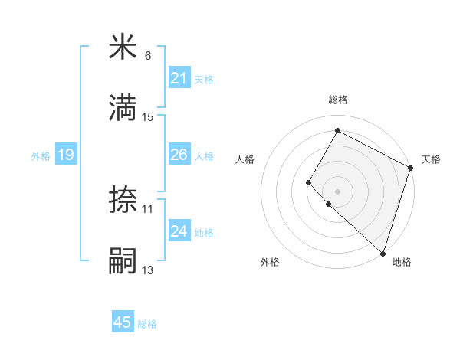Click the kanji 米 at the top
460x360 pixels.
click(123, 47)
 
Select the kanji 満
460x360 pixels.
click(123, 108)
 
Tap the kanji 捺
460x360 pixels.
click(123, 200)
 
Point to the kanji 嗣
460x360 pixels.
click(123, 260)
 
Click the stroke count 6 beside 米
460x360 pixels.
click(148, 56)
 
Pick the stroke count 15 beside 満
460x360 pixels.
click(148, 116)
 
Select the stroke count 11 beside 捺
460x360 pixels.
click(148, 208)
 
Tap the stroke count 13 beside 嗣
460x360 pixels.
click(148, 269)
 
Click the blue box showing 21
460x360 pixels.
click(179, 78)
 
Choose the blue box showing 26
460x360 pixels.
click(179, 155)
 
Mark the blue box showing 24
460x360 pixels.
click(179, 231)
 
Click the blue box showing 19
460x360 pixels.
click(66, 155)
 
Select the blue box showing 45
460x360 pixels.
click(123, 322)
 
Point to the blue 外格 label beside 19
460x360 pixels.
click(41, 155)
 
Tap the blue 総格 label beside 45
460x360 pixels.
click(147, 324)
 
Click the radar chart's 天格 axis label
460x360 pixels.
click(431, 159)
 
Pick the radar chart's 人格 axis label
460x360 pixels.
click(245, 159)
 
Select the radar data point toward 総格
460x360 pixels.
click(337, 130)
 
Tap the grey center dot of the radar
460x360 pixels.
click(337, 191)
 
